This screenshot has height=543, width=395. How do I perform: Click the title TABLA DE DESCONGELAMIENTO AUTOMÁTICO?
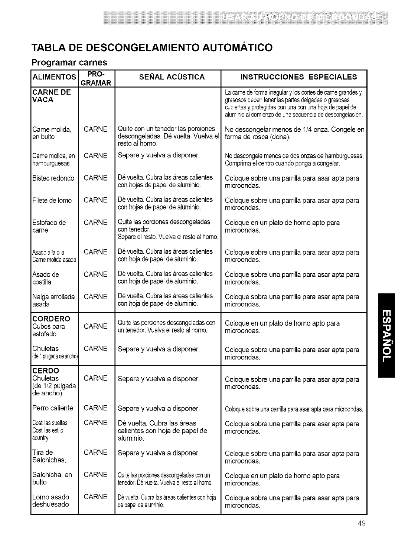[152, 47]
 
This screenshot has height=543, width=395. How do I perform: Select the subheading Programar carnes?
[69, 62]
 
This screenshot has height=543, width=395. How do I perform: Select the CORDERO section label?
[51, 319]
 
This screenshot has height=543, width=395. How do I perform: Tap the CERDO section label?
[46, 371]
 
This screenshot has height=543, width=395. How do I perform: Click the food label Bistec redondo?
[53, 178]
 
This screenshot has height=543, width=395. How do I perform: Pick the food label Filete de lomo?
[52, 200]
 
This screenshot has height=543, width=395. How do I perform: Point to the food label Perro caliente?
[52, 408]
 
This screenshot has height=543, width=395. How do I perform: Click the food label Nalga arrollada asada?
[53, 300]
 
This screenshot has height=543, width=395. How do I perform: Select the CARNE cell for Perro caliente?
[95, 408]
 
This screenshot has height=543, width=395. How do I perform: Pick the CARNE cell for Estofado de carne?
[95, 223]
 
